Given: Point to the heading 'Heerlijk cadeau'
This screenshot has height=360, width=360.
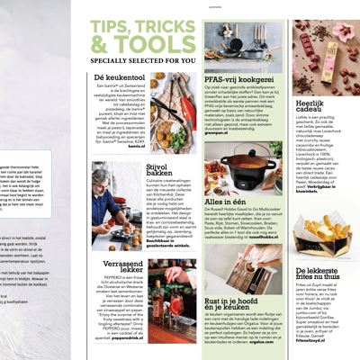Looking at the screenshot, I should (x=310, y=110).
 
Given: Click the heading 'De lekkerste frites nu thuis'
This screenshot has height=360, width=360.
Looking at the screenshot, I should (x=321, y=274).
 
